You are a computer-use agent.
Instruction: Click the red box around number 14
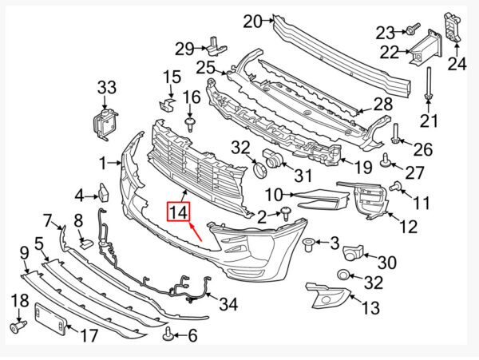point(178,212)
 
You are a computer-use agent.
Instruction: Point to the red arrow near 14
point(196,232)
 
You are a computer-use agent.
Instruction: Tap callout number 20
point(252,22)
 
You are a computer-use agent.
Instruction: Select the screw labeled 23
point(414,29)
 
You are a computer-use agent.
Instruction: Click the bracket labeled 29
point(217,46)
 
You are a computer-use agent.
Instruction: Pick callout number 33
point(107,87)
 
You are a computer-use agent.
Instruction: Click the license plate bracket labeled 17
point(51,318)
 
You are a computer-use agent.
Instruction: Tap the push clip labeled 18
point(18,326)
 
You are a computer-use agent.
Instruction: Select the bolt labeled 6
point(168,334)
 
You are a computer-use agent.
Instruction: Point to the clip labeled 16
point(190,125)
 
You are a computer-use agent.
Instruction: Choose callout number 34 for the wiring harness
point(228,303)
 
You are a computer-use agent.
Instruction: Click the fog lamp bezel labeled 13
point(328,295)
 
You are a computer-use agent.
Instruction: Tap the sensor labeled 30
point(354,252)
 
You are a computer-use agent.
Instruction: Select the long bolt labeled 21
point(428,83)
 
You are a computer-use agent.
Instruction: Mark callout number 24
point(457,64)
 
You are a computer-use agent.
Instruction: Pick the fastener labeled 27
point(386,161)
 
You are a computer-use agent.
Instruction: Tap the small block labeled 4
point(104,192)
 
